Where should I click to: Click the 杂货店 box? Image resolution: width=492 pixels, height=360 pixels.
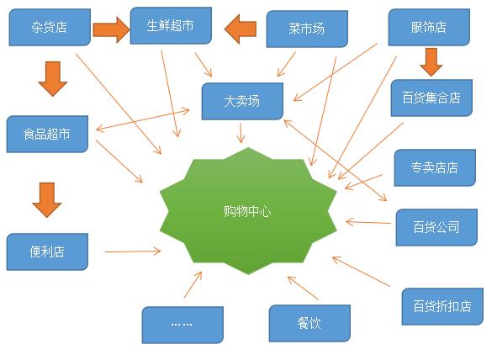(x=50, y=27)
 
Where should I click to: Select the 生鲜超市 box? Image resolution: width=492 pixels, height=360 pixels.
(x=171, y=25)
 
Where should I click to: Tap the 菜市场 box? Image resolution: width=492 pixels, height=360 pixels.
(x=307, y=29)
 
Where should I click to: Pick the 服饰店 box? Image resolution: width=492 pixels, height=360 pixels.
(x=429, y=27)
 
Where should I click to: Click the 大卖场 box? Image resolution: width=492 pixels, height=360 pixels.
(x=242, y=101)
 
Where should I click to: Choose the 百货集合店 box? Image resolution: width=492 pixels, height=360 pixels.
(x=431, y=98)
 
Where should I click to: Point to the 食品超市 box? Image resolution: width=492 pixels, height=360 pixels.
(x=47, y=134)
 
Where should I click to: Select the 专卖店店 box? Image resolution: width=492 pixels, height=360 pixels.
(x=435, y=167)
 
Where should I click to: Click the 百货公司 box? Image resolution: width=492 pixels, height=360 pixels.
(x=436, y=227)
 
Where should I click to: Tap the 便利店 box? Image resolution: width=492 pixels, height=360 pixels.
(x=47, y=251)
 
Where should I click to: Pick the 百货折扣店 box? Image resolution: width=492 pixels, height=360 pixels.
(x=442, y=306)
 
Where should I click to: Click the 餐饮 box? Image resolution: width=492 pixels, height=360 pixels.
(x=309, y=323)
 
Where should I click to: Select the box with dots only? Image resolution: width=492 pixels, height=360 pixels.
(x=183, y=325)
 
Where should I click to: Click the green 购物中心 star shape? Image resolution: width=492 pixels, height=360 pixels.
(x=248, y=211)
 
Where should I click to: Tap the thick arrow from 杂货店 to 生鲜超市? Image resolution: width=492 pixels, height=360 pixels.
(x=111, y=29)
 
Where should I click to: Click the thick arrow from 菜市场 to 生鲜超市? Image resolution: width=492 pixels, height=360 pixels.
(x=241, y=29)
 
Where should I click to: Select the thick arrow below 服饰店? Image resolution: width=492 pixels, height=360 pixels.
(x=431, y=62)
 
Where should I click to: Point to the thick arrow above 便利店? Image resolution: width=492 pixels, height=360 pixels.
(x=47, y=200)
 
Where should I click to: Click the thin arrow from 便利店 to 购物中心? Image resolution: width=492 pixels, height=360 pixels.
(x=133, y=251)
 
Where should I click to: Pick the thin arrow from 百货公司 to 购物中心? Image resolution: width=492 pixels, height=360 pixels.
(x=368, y=223)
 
